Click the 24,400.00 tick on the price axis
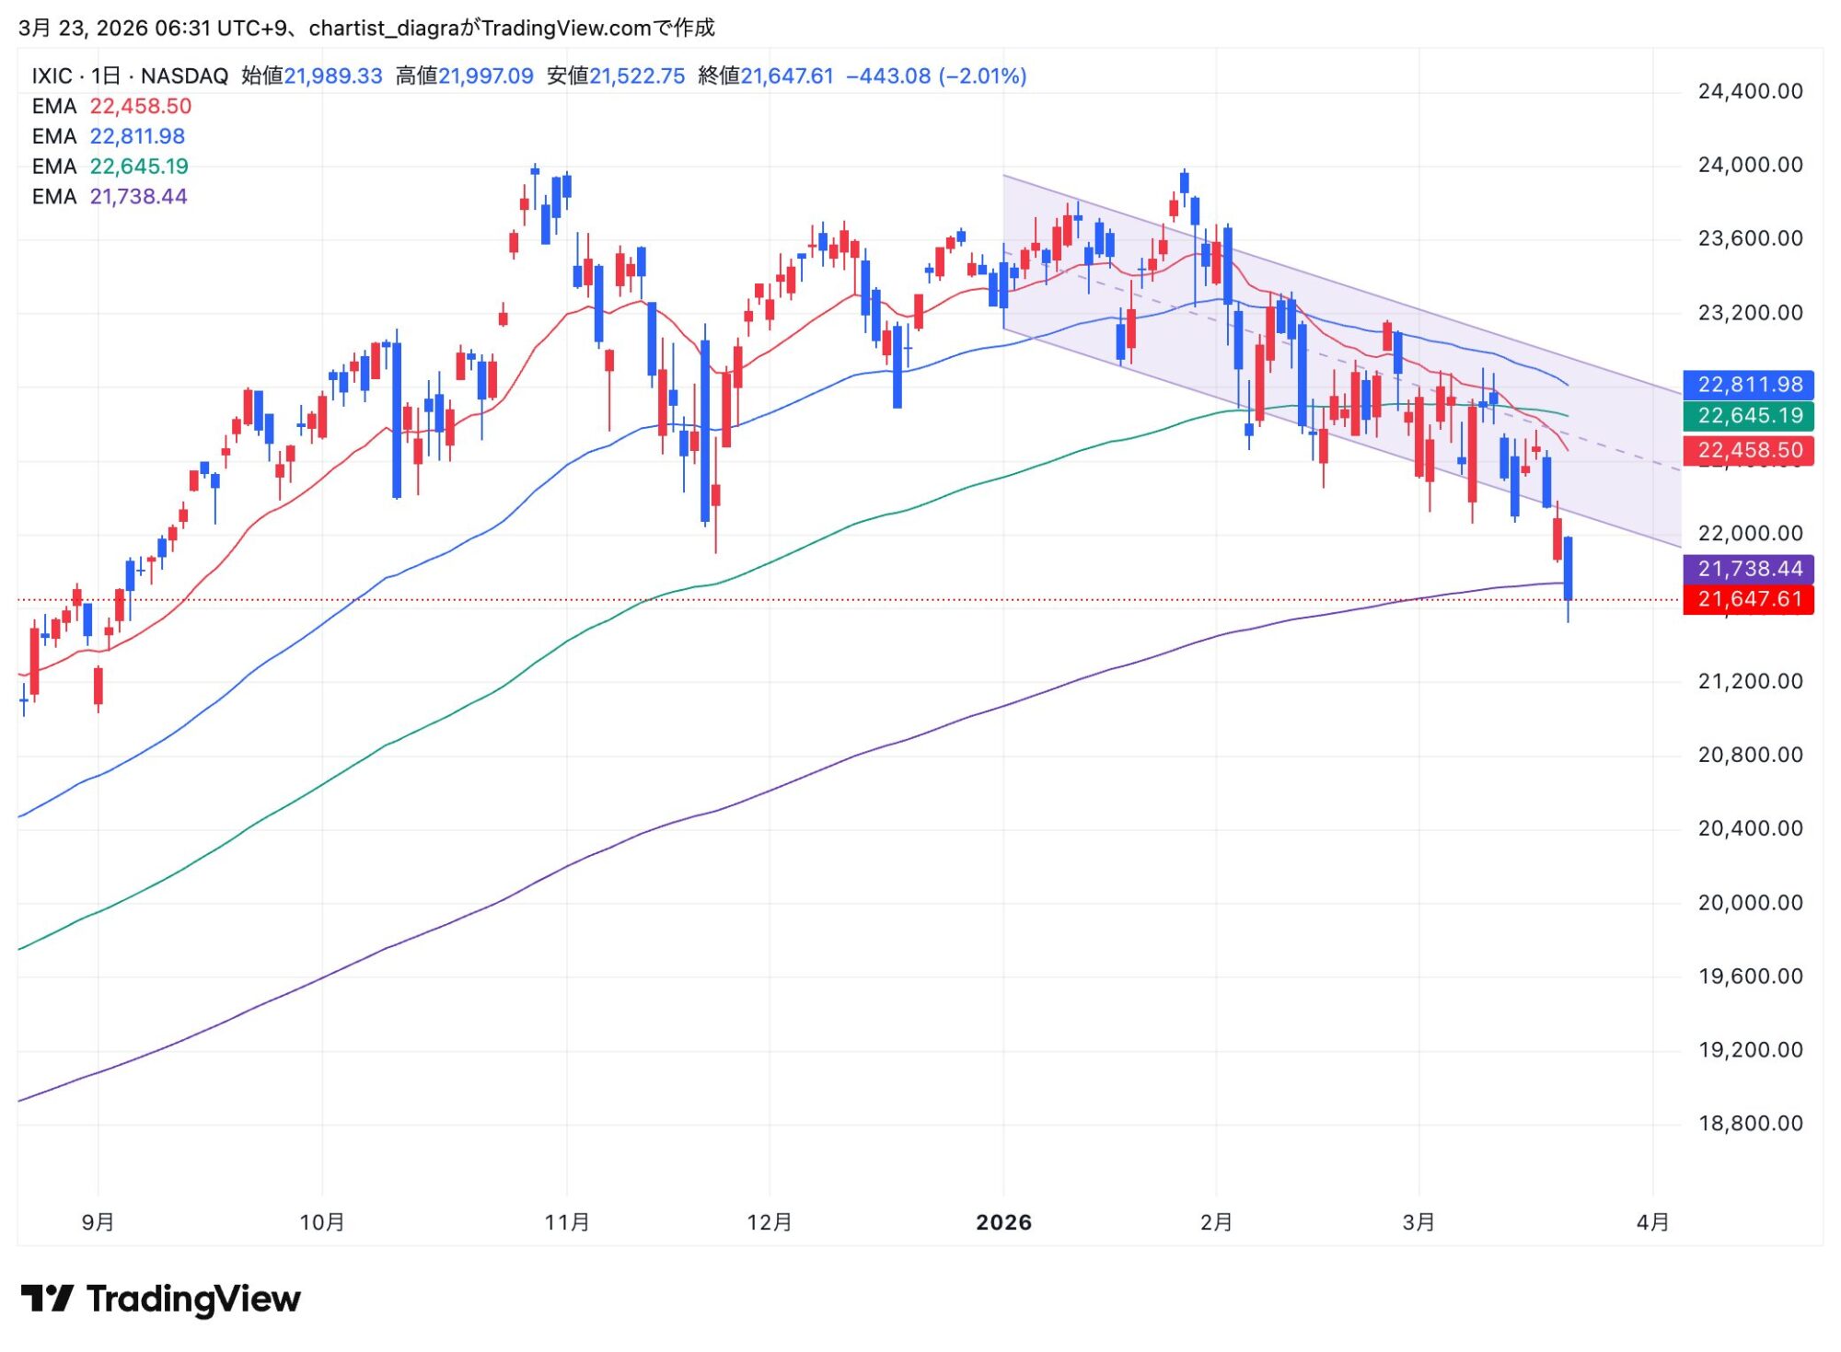(x=1749, y=91)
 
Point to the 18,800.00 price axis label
(x=1749, y=1124)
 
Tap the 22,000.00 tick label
(x=1749, y=534)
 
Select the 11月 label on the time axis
(x=567, y=1222)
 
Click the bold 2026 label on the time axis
(x=1003, y=1222)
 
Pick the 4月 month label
(x=1653, y=1222)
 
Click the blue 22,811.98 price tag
(x=1748, y=385)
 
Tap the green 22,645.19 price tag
(x=1748, y=416)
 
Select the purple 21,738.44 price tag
(x=1748, y=569)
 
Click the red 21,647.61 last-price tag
(x=1748, y=599)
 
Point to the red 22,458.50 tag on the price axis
(x=1748, y=450)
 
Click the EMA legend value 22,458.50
(x=140, y=107)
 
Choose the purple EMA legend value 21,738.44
(x=138, y=197)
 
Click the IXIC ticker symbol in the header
(x=52, y=76)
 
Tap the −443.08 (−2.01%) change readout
(x=935, y=76)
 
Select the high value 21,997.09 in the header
(x=485, y=76)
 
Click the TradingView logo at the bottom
(x=161, y=1299)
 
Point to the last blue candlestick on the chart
(x=1568, y=568)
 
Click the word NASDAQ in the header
(x=184, y=76)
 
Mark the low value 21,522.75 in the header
(x=637, y=76)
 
